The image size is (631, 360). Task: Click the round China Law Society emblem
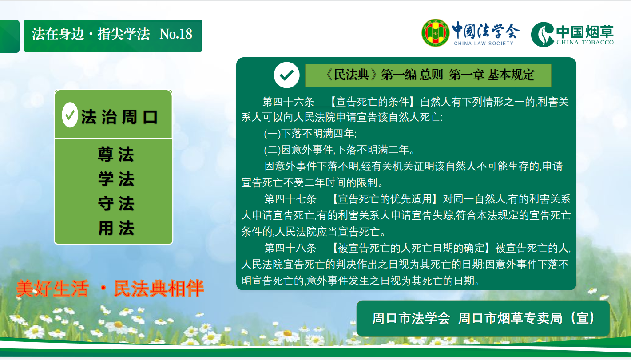(x=436, y=33)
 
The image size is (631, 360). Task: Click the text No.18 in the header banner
(x=176, y=34)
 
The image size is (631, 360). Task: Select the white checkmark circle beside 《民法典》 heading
(x=286, y=75)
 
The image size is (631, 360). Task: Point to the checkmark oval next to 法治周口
(x=70, y=115)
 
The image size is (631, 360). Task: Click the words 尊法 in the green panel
(x=116, y=154)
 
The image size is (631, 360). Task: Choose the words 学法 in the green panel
(x=116, y=179)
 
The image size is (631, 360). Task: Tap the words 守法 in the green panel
(x=116, y=203)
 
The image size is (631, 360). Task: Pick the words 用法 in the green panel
(x=116, y=228)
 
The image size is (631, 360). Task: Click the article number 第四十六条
(x=288, y=102)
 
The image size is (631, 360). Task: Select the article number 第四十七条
(x=290, y=199)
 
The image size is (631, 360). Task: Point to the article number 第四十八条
(x=290, y=248)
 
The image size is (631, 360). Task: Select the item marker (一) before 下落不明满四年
(x=272, y=134)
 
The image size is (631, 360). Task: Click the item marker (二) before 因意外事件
(x=272, y=150)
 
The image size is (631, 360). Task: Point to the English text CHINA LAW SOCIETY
(x=484, y=44)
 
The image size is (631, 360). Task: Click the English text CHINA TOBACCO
(x=585, y=42)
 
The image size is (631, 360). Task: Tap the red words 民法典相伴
(x=159, y=289)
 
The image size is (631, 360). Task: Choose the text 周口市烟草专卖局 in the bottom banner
(x=510, y=318)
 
